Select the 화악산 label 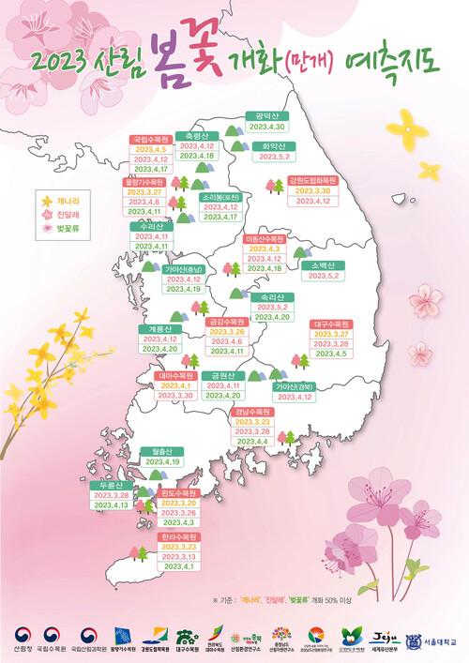click(274, 145)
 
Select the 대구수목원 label click(331, 324)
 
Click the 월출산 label click(160, 451)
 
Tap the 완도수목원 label click(178, 492)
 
